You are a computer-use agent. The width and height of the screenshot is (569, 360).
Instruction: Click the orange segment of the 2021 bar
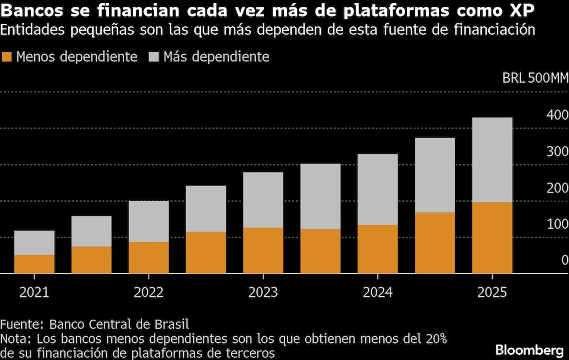coord(34,264)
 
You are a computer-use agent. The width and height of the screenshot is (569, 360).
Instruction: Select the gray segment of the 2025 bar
coord(492,160)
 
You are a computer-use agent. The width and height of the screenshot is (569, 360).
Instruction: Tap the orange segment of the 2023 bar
coord(263,250)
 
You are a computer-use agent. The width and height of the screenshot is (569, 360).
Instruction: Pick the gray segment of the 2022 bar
coord(149,221)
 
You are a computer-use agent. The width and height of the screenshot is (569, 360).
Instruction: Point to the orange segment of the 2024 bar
coord(378,249)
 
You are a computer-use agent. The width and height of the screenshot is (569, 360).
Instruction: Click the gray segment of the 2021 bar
coord(34,243)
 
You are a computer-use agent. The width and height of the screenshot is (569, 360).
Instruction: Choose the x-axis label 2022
coord(149,292)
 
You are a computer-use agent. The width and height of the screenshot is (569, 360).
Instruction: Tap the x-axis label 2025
coord(492,292)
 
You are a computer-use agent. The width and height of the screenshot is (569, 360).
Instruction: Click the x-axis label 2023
coord(263,292)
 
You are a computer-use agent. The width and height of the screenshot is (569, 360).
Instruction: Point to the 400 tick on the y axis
coord(556,115)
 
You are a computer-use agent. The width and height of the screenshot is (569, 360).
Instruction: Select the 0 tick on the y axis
coord(564,260)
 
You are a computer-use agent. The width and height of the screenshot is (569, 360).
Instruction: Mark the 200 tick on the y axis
coord(556,188)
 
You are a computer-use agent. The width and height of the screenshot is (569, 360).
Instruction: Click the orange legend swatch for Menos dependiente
coord(7,57)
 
